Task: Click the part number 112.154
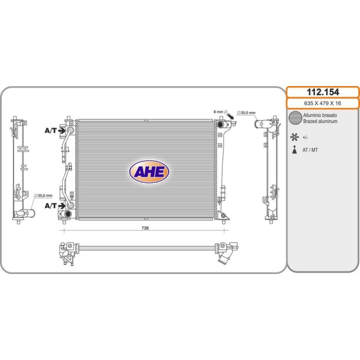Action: (322, 92)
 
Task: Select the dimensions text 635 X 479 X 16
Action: (322, 103)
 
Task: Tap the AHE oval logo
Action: (149, 171)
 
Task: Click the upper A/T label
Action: (50, 130)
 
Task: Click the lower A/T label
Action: (50, 205)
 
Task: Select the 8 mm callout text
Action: (218, 112)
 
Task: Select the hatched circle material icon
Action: (295, 118)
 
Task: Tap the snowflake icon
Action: (295, 136)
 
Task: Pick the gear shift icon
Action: (295, 150)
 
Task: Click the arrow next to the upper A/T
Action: (62, 131)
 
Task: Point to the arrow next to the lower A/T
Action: (62, 205)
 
